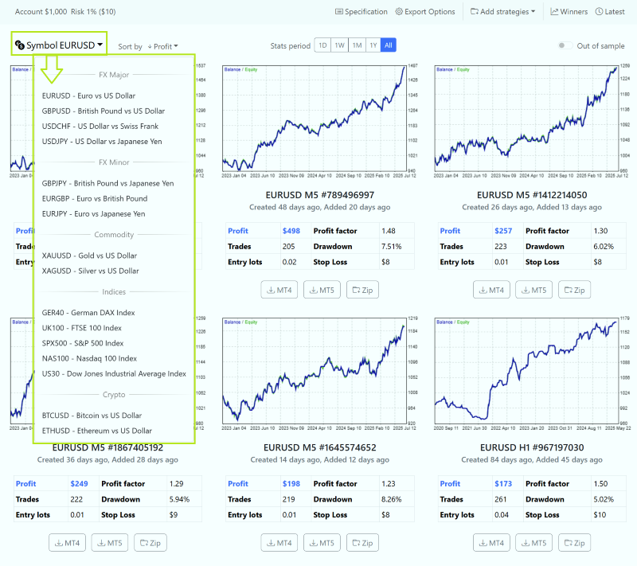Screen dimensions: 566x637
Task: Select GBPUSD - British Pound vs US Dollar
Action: [x=104, y=111]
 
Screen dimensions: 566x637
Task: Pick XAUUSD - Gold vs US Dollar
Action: [x=90, y=256]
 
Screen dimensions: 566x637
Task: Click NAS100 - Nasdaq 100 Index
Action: [x=89, y=358]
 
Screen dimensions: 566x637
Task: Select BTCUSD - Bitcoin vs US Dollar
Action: [x=92, y=416]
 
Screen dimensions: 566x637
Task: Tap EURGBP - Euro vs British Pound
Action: [x=94, y=198]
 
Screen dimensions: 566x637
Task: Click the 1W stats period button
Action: [x=339, y=45]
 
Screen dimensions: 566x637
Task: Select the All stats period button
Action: [x=389, y=45]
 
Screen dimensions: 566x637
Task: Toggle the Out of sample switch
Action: [x=565, y=46]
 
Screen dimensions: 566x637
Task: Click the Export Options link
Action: [x=425, y=12]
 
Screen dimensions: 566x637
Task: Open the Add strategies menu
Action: [x=502, y=12]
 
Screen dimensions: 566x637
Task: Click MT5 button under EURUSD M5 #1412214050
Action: [x=534, y=290]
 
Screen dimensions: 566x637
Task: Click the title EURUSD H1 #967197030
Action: [x=533, y=447]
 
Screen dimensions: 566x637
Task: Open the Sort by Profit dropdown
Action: [x=162, y=47]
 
